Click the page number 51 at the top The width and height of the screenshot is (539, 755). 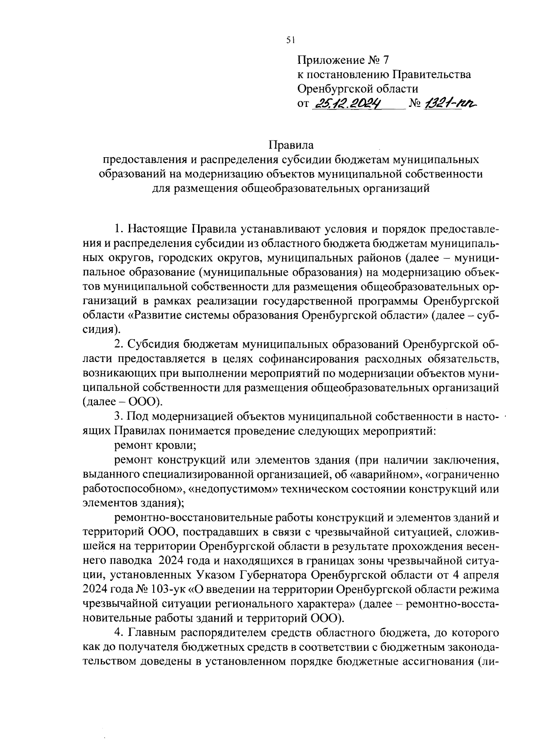pyautogui.click(x=290, y=40)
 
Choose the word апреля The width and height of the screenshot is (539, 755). pyautogui.click(x=479, y=575)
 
